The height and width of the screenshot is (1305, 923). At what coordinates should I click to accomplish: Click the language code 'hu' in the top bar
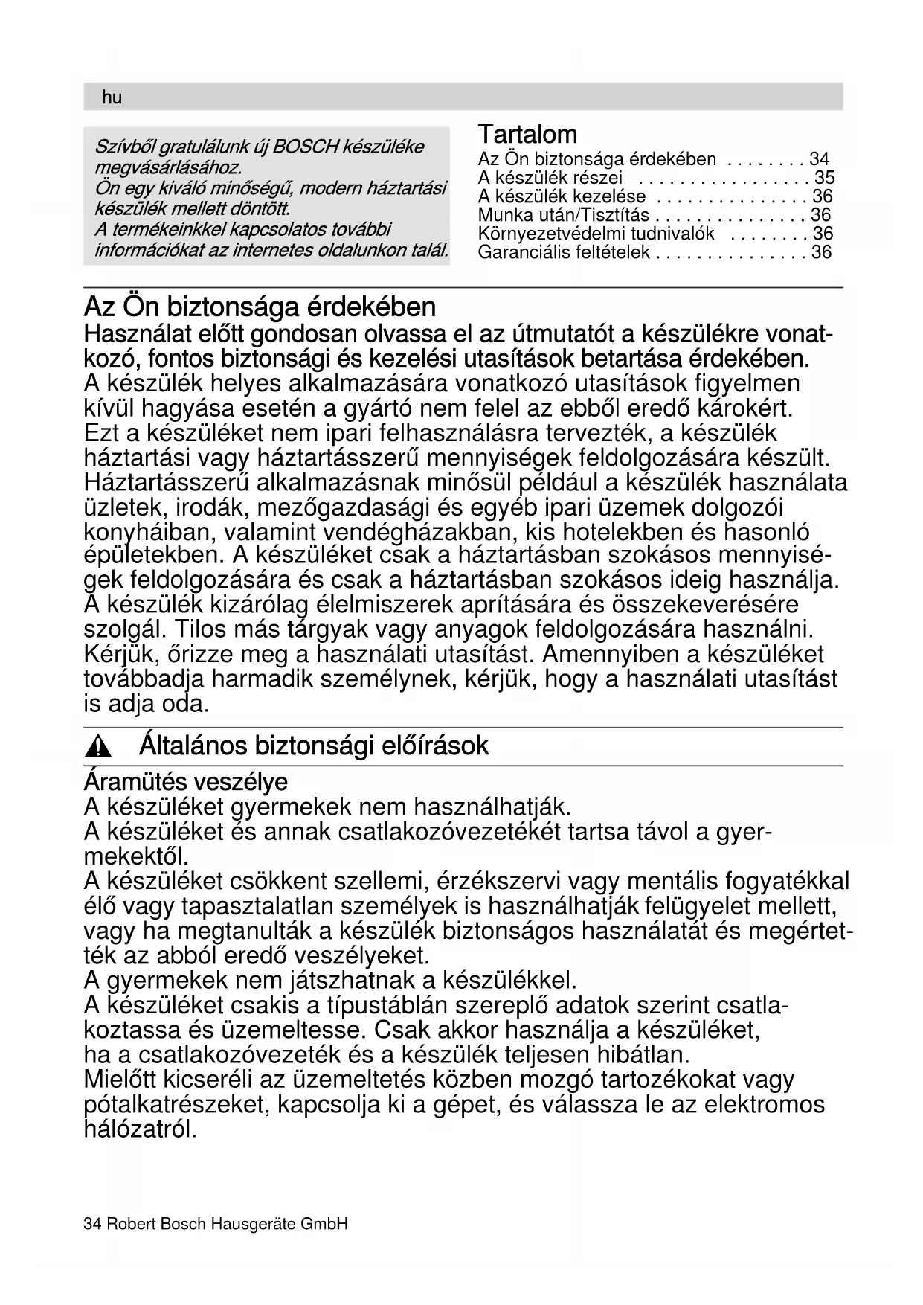[112, 97]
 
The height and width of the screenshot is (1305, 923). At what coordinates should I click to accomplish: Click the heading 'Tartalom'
[527, 135]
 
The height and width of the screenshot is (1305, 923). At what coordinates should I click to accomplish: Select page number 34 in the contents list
[819, 158]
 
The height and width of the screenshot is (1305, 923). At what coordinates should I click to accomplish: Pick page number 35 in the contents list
[824, 177]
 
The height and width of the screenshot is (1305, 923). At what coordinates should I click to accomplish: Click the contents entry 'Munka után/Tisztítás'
[563, 215]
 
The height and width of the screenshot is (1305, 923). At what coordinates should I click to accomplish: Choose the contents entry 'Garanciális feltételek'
[564, 252]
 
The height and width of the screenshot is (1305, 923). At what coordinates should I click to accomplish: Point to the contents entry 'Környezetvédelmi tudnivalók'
[596, 234]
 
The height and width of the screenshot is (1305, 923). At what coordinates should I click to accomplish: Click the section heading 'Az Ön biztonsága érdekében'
[260, 307]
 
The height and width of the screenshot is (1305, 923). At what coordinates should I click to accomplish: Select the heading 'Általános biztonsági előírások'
[314, 746]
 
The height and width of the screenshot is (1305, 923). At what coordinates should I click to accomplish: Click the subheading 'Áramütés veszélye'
[185, 782]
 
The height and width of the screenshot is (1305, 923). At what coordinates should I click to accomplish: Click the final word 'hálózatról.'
[141, 1129]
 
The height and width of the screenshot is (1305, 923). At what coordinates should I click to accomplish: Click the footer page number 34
[92, 1224]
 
